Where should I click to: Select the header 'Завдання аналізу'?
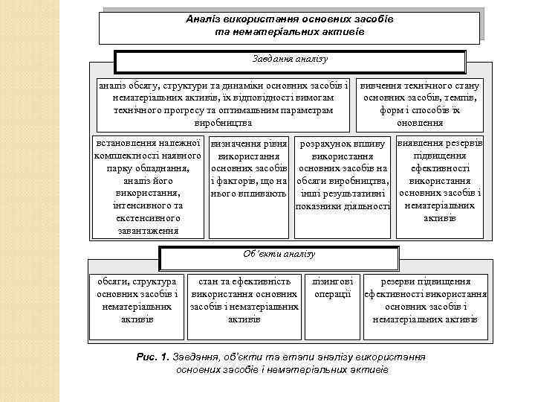[291, 60]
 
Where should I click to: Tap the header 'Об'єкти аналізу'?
[279, 255]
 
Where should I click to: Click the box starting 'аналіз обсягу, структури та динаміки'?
[223, 103]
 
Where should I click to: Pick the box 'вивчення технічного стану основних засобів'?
[420, 103]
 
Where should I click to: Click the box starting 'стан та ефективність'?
[244, 300]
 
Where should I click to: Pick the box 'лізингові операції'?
[332, 288]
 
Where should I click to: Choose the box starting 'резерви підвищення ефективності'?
[425, 300]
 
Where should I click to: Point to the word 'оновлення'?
[421, 122]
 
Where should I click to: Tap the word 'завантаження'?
[149, 230]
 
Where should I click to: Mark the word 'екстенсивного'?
[149, 218]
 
